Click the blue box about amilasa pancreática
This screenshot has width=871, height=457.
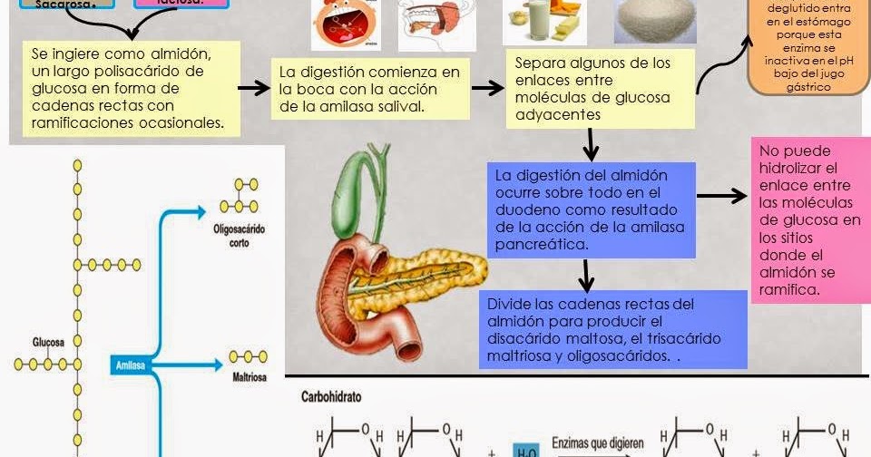591,208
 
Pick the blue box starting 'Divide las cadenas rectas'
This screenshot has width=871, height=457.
613,329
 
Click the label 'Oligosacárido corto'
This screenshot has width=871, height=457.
240,235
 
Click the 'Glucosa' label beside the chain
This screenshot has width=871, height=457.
48,343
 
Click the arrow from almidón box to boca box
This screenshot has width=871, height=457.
254,88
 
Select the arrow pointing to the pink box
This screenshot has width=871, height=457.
721,195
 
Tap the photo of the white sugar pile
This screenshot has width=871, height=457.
655,20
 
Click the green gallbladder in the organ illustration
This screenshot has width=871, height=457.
354,177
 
